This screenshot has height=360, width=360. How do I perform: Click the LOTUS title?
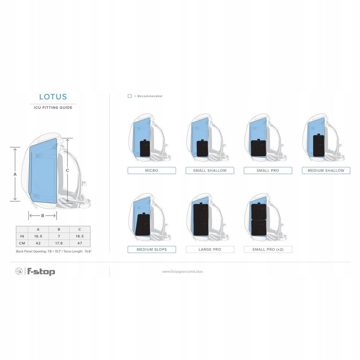point(53,96)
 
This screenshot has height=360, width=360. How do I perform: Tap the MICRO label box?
point(152,171)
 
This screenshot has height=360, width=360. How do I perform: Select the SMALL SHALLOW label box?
point(210,171)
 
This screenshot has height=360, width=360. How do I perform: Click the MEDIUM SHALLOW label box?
point(326,171)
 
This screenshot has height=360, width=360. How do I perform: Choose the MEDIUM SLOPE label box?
point(152,249)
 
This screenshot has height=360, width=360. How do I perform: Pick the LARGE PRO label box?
point(210,249)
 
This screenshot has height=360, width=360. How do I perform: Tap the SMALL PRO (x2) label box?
point(268,249)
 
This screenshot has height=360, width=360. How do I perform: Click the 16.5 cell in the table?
point(38,236)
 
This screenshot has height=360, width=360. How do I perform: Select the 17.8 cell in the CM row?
point(59,243)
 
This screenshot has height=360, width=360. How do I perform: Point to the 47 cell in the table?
point(80,243)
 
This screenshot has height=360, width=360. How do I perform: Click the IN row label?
point(22,236)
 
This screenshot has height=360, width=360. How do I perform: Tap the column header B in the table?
point(59,229)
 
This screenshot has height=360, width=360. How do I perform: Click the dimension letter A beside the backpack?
point(15,174)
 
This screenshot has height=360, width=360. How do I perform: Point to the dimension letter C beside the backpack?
point(68,170)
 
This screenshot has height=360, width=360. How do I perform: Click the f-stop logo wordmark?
point(41,271)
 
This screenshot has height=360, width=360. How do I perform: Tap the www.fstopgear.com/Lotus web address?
point(182,271)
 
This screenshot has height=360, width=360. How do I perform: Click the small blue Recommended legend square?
point(130,96)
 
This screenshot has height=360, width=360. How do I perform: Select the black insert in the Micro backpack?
point(145,148)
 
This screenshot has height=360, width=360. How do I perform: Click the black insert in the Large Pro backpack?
point(201,219)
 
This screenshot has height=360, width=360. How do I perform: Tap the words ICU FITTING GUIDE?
point(53,108)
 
